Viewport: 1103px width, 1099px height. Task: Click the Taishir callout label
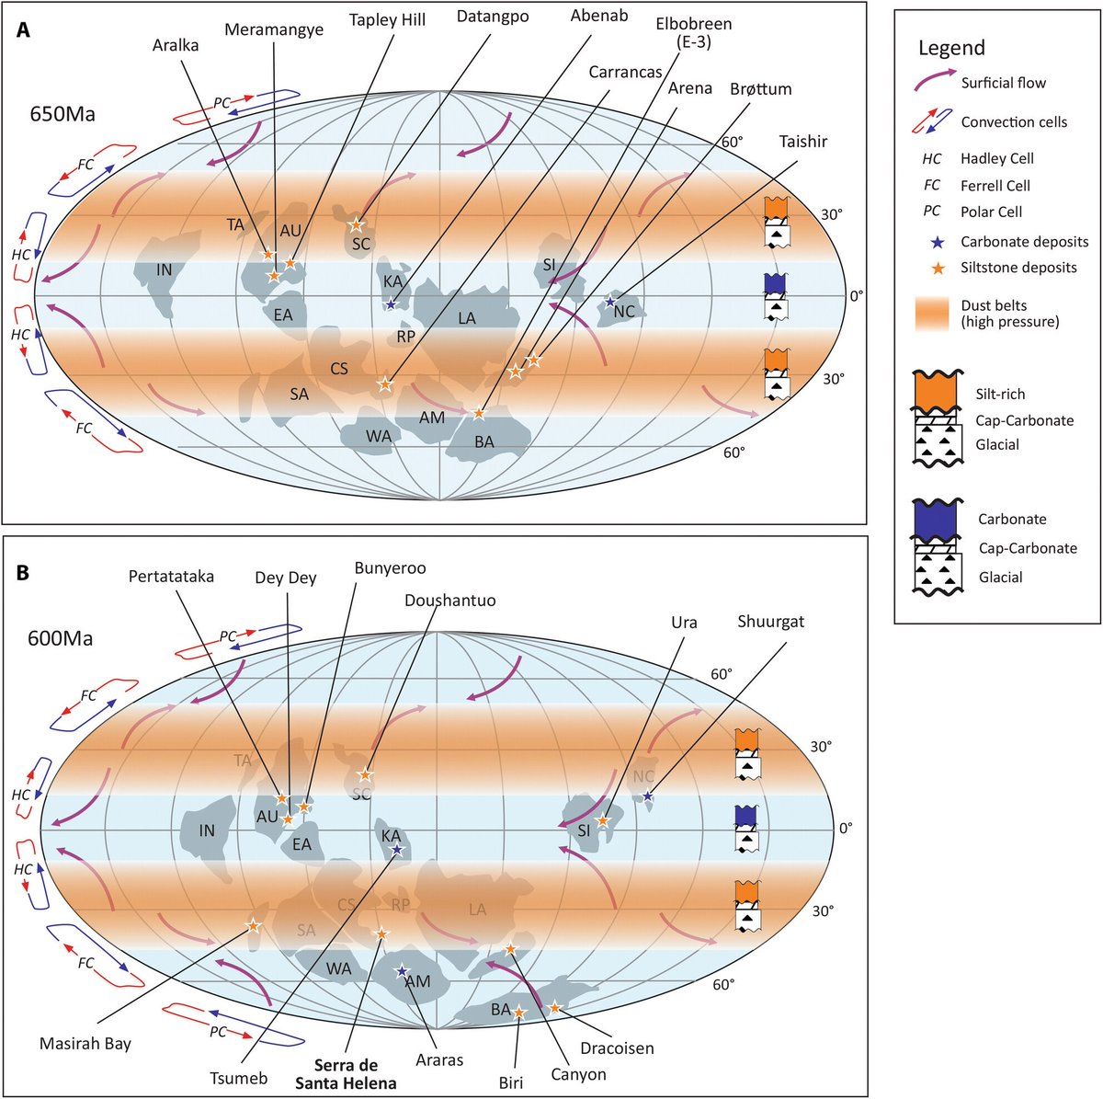(803, 141)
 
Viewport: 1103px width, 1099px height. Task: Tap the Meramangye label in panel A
(275, 29)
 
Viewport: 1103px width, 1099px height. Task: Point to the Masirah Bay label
(85, 1044)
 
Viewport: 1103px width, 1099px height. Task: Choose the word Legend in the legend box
(951, 48)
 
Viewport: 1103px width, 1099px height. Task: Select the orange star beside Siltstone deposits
(936, 269)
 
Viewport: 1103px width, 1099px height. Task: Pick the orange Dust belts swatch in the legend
(936, 313)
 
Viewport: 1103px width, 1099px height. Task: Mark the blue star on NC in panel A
(610, 302)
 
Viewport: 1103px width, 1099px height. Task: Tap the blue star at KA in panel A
(392, 303)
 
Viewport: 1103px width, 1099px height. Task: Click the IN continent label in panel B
(207, 830)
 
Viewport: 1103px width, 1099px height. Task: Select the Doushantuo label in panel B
(449, 601)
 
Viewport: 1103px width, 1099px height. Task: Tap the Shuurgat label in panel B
(770, 622)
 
